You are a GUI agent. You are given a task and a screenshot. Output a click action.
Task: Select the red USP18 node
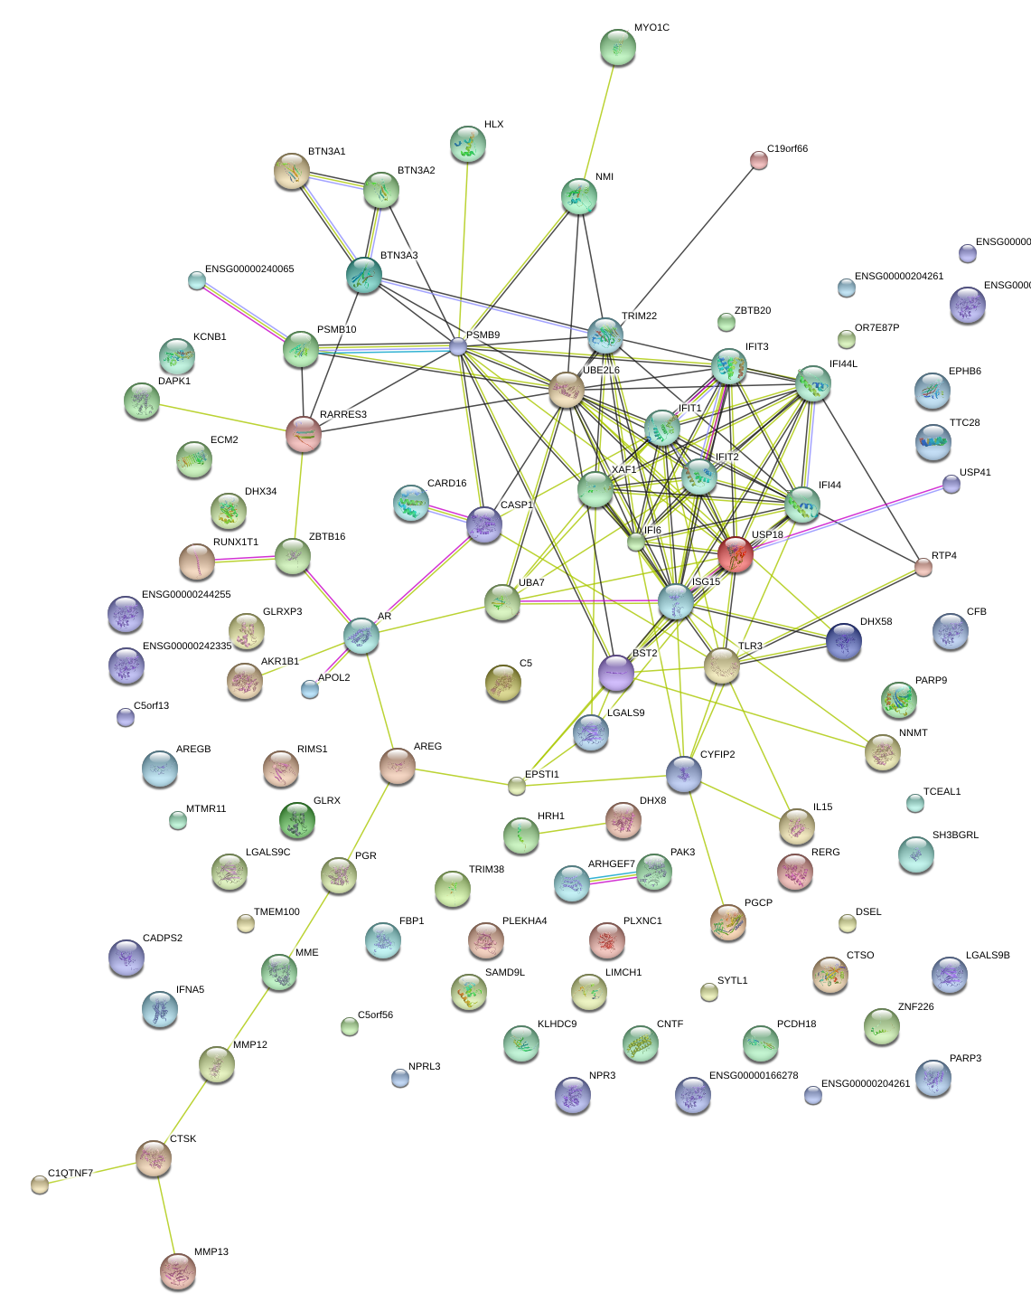click(x=736, y=553)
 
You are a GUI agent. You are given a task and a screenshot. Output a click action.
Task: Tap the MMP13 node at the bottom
click(x=178, y=1270)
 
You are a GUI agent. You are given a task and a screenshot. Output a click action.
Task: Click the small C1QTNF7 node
click(x=39, y=1184)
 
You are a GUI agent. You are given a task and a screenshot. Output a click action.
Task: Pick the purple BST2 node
click(x=616, y=672)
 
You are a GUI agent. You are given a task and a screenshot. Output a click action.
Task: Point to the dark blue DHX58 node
click(x=844, y=640)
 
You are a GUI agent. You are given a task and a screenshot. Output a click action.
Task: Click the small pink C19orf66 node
click(x=759, y=160)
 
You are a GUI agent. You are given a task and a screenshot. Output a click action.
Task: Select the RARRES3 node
click(x=304, y=434)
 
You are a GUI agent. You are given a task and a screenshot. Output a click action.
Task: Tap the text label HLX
click(x=493, y=125)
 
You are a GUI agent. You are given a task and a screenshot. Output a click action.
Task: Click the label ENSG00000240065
click(x=249, y=269)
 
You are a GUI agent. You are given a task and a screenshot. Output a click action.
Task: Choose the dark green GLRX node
click(x=296, y=819)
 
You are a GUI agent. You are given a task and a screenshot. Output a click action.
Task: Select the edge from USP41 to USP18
click(x=849, y=516)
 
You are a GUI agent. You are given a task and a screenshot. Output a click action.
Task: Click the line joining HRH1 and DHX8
click(x=572, y=827)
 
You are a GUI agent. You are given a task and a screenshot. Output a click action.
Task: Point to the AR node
click(x=361, y=636)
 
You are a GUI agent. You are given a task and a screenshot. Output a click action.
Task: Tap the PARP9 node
click(x=898, y=699)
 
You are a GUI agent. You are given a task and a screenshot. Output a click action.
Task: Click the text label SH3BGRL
click(x=955, y=835)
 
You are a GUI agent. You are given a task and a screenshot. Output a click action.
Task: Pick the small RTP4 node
click(x=923, y=567)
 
